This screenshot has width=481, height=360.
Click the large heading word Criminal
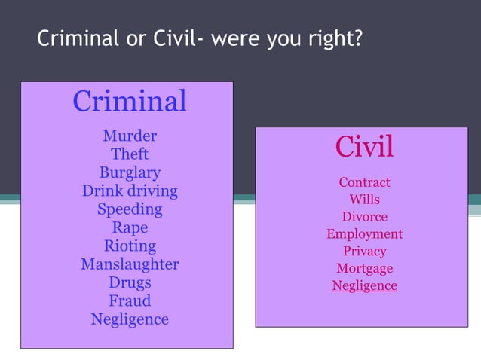pos(130,102)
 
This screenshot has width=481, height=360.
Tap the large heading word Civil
pos(364,147)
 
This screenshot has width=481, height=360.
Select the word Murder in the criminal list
pos(130,136)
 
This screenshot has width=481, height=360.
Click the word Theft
pos(130,154)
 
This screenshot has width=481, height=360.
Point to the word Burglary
pos(130,172)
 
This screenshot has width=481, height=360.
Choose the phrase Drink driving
pos(130,191)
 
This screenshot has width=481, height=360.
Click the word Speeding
pos(130,209)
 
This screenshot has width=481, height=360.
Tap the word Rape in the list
pos(130,227)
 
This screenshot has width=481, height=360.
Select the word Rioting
pos(130,246)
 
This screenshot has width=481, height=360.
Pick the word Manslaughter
pos(130,264)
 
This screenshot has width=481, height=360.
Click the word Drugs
pos(130,282)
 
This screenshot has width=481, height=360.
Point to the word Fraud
pos(130,301)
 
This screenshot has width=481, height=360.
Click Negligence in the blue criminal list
pos(130,319)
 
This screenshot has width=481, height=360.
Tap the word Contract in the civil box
pos(364,182)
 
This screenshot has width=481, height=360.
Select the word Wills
pos(364,200)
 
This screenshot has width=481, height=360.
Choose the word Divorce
pos(364,217)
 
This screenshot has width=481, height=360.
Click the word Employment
pos(364,234)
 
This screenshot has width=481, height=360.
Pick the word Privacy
pos(364,252)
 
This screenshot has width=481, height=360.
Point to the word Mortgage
pos(364,269)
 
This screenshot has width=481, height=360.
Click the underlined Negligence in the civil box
pos(364,286)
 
